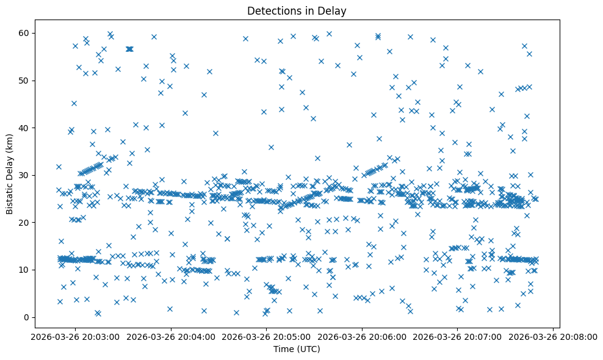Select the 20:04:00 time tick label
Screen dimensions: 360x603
[x=170, y=337]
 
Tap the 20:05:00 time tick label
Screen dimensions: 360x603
[x=266, y=337]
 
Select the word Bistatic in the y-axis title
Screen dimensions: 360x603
[x=10, y=196]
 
